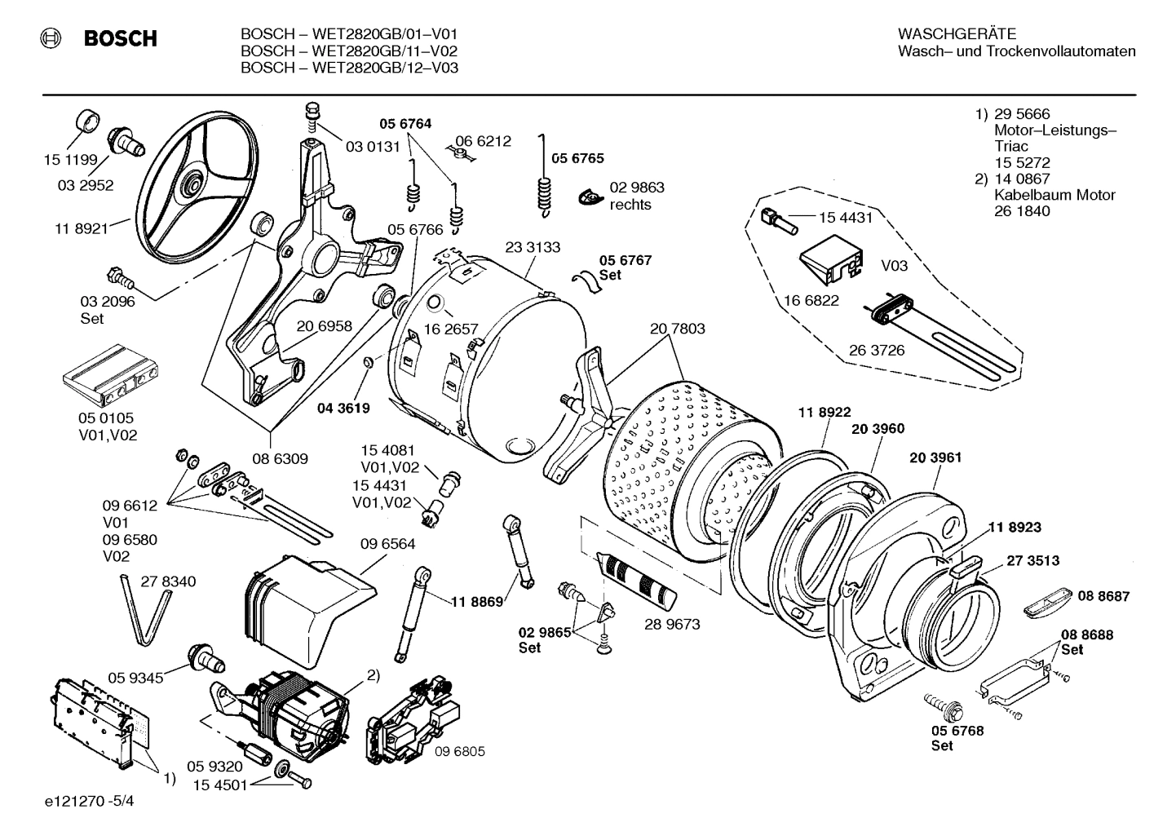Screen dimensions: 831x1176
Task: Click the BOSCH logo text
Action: click(120, 38)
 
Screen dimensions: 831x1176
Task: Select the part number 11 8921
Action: click(82, 229)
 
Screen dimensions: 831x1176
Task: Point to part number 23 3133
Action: click(533, 247)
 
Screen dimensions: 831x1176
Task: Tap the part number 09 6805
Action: click(459, 751)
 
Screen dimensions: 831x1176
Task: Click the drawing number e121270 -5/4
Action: click(90, 801)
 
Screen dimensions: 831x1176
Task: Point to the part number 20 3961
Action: click(935, 457)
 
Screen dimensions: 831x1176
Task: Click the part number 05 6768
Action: click(957, 731)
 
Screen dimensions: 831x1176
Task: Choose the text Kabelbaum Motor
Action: click(1054, 195)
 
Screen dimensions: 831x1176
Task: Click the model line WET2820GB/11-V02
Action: click(349, 51)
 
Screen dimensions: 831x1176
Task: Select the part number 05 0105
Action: click(106, 418)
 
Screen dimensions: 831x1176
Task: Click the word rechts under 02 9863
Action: click(630, 205)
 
